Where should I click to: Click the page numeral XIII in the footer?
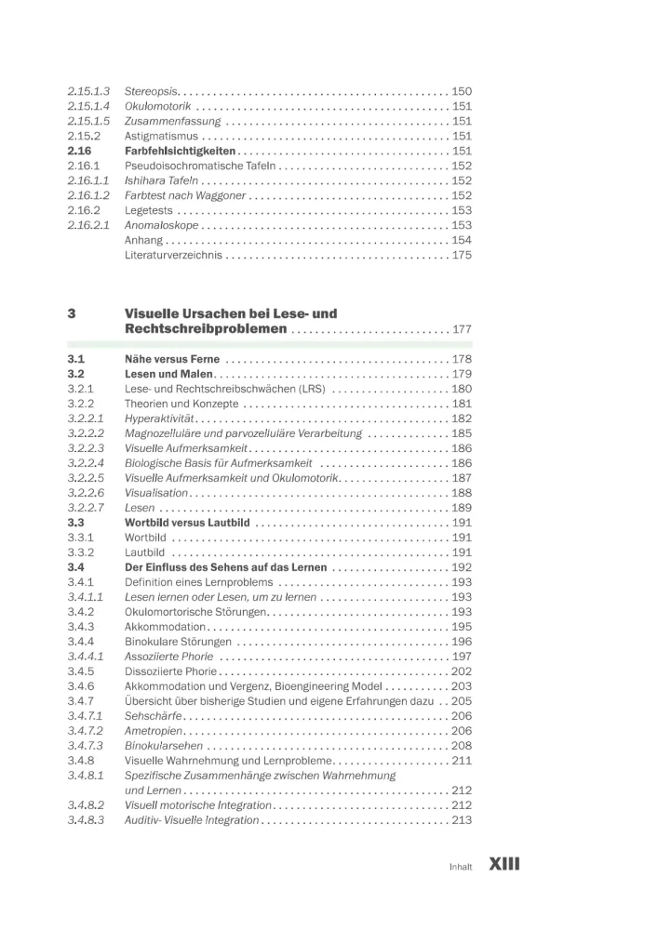click(x=504, y=864)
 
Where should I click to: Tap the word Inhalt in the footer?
click(x=461, y=866)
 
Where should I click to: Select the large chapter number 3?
click(x=72, y=313)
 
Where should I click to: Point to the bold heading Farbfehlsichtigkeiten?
click(x=180, y=151)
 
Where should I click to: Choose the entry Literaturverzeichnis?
click(x=173, y=255)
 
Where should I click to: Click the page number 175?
click(x=462, y=255)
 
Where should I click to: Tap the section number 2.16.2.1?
click(x=88, y=225)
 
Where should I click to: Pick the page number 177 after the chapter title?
click(x=462, y=329)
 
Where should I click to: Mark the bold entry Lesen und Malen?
click(x=164, y=374)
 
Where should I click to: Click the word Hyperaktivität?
click(x=159, y=418)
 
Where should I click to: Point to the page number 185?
click(x=462, y=433)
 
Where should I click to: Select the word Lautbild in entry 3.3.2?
click(x=145, y=552)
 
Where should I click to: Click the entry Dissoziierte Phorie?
click(x=170, y=671)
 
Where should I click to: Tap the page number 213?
click(x=462, y=820)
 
